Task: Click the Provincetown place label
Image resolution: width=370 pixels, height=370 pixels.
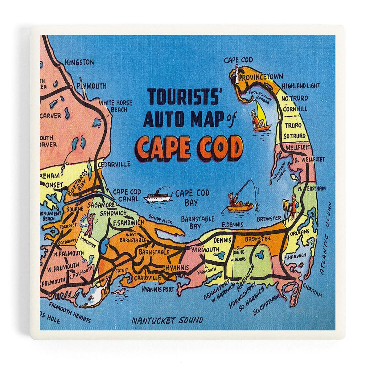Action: click(x=261, y=76)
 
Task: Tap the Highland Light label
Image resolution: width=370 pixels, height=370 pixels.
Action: click(x=301, y=86)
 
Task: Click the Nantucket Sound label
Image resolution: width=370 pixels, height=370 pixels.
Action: click(x=167, y=320)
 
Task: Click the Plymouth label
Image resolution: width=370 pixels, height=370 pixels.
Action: click(x=92, y=86)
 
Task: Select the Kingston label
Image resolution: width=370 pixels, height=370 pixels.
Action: click(x=79, y=62)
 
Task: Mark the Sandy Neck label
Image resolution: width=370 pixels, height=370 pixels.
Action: click(x=160, y=219)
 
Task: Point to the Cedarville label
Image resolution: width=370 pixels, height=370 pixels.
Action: click(x=114, y=164)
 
